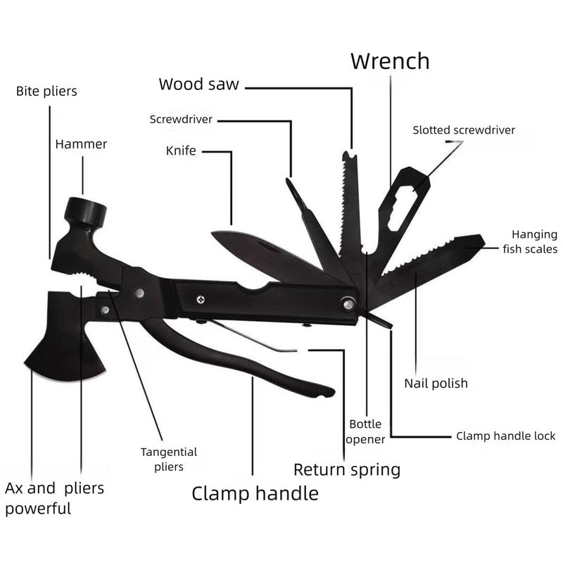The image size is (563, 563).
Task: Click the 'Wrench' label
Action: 390,61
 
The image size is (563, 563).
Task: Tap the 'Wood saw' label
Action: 198,84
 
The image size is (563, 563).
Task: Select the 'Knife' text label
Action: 181,151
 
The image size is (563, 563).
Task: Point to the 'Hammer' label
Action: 82,144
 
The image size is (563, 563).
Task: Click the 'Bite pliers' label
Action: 46,91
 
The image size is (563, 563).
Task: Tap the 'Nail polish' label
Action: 436,384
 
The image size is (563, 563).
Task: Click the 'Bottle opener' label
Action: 367,432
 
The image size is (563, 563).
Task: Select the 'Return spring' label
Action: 346,469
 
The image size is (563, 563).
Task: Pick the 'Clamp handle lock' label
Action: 505,436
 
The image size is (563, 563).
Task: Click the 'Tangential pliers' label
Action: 169,459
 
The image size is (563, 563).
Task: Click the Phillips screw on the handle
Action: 201,298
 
